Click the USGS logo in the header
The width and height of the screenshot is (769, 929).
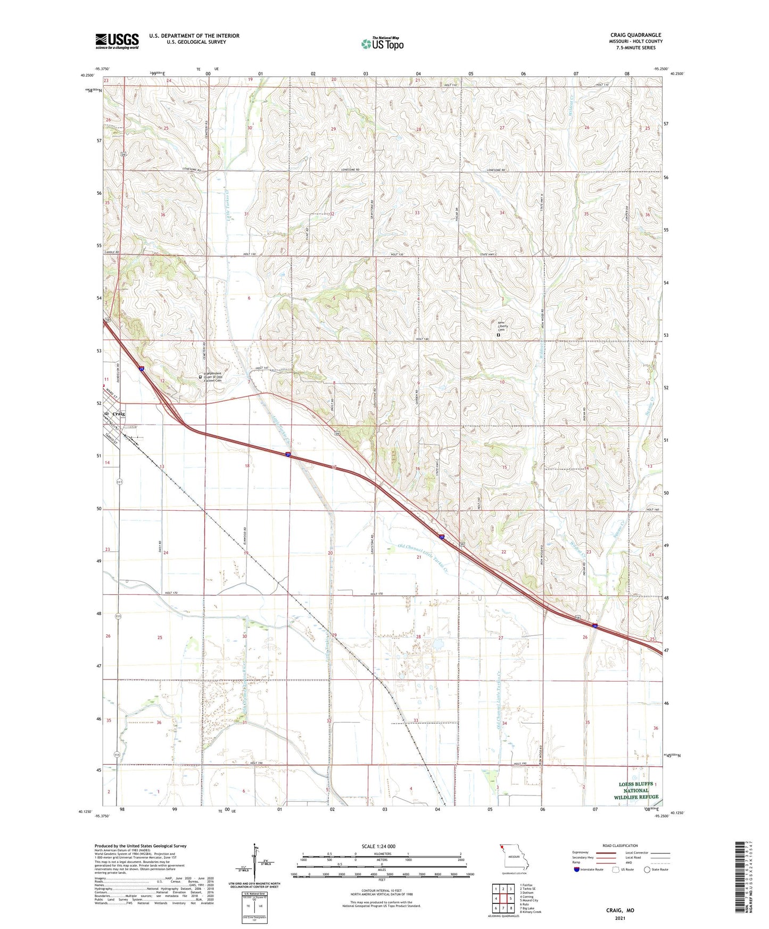(117, 40)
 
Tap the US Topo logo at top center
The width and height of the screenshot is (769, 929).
(382, 44)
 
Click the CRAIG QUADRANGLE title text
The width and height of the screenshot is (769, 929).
(635, 35)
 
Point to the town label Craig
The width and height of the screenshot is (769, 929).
(119, 414)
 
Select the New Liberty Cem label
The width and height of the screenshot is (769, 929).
(502, 326)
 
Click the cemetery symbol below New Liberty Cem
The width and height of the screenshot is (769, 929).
(498, 336)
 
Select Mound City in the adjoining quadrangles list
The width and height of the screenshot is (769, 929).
(530, 900)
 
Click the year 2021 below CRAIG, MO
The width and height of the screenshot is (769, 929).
(620, 918)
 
